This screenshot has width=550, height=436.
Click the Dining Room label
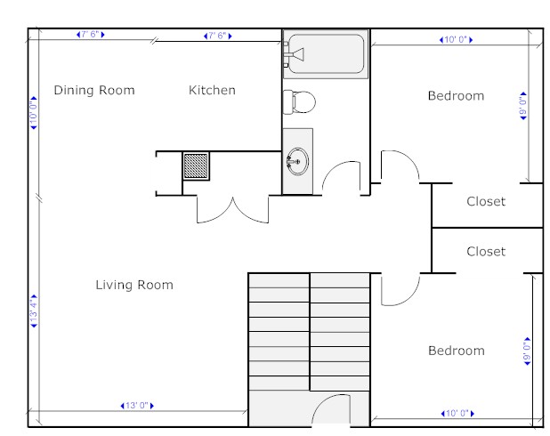click(x=94, y=90)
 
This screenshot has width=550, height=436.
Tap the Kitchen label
click(x=212, y=90)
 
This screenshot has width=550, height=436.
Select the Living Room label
click(x=134, y=285)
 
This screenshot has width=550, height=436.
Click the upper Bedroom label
click(x=456, y=96)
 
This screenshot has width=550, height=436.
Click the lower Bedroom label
click(x=457, y=351)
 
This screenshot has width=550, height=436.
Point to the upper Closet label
click(x=486, y=201)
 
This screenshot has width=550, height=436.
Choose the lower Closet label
click(x=486, y=252)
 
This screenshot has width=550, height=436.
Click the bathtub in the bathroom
click(x=326, y=54)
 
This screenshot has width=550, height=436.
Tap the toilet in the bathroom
click(x=299, y=102)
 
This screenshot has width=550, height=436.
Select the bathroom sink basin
click(x=298, y=161)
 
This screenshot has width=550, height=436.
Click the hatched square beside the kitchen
click(x=196, y=166)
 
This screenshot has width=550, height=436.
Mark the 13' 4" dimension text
click(x=34, y=311)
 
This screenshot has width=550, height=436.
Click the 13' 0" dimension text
click(x=137, y=406)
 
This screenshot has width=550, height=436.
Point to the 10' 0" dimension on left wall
click(x=34, y=113)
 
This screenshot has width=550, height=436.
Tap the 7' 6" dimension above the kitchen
click(x=218, y=36)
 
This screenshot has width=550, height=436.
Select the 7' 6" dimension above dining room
click(x=91, y=35)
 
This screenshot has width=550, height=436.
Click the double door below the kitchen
click(x=233, y=209)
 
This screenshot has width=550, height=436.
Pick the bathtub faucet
click(x=294, y=54)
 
